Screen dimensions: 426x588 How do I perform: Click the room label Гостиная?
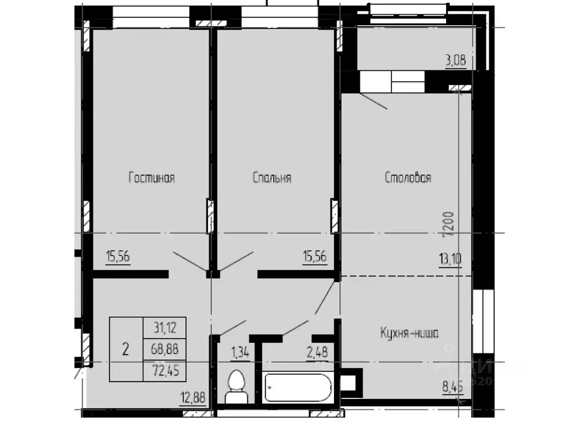[x=151, y=178]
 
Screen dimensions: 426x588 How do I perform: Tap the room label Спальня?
[x=272, y=178]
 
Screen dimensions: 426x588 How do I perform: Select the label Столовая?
[x=408, y=178]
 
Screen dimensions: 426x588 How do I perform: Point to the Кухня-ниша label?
[x=409, y=332]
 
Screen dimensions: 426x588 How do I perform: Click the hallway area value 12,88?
[x=193, y=397]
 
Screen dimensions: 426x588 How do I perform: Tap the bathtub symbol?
[x=298, y=387]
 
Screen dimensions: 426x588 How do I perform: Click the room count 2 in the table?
[x=125, y=349]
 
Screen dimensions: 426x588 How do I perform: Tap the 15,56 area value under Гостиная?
[x=118, y=257]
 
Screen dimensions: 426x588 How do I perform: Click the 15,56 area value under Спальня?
[x=314, y=257]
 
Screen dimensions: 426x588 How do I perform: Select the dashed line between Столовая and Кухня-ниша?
[x=406, y=276]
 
